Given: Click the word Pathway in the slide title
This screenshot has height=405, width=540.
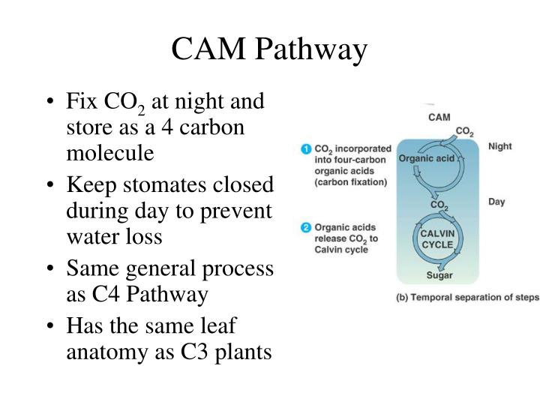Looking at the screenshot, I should coord(312,51).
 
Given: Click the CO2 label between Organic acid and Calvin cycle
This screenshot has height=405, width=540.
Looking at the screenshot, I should coord(439,204).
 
